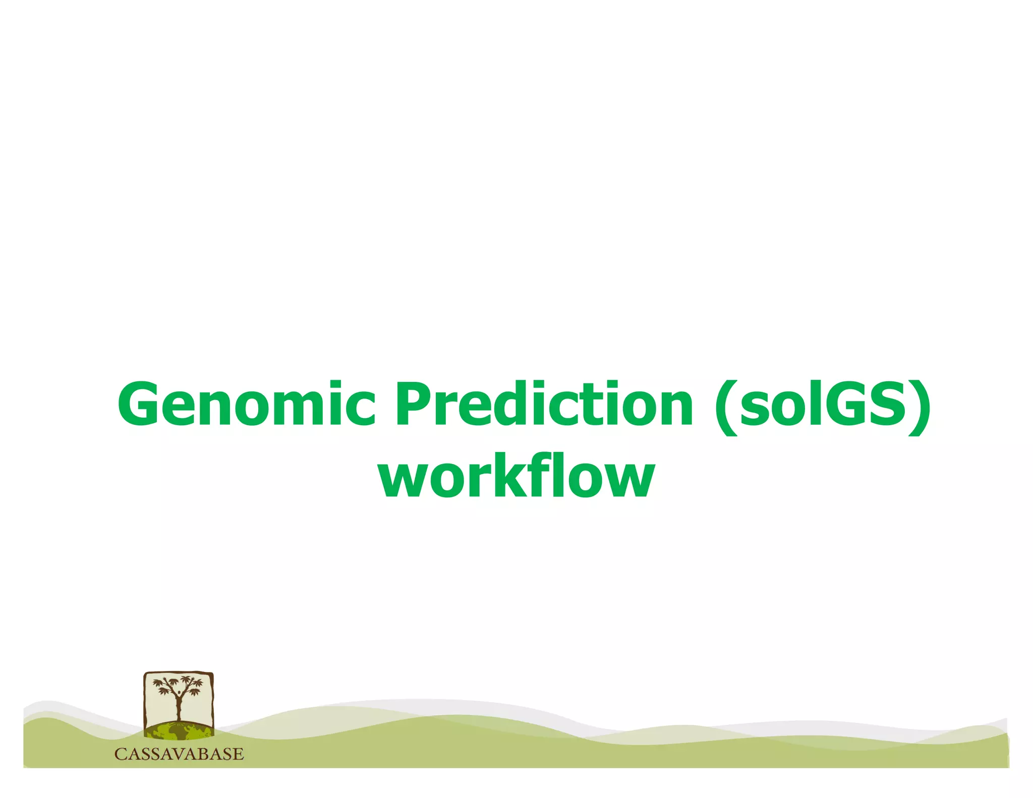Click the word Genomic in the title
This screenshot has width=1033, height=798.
click(247, 404)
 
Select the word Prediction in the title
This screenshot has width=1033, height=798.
click(545, 404)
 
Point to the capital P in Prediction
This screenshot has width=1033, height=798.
click(415, 404)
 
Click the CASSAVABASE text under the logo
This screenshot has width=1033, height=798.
click(179, 754)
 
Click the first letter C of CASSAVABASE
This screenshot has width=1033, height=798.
click(121, 754)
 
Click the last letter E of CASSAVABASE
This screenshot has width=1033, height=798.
click(238, 754)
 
